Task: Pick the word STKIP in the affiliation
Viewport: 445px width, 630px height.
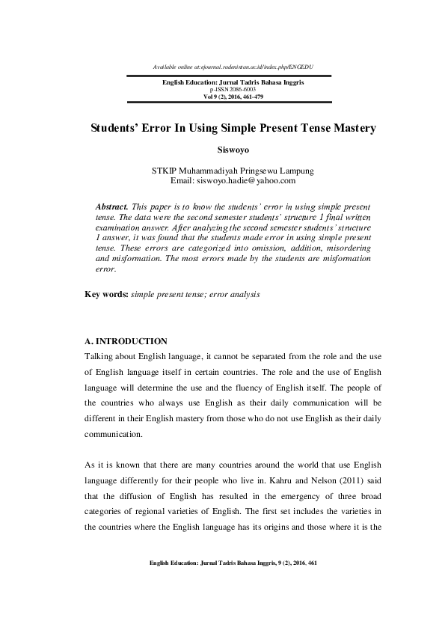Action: coord(166,171)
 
